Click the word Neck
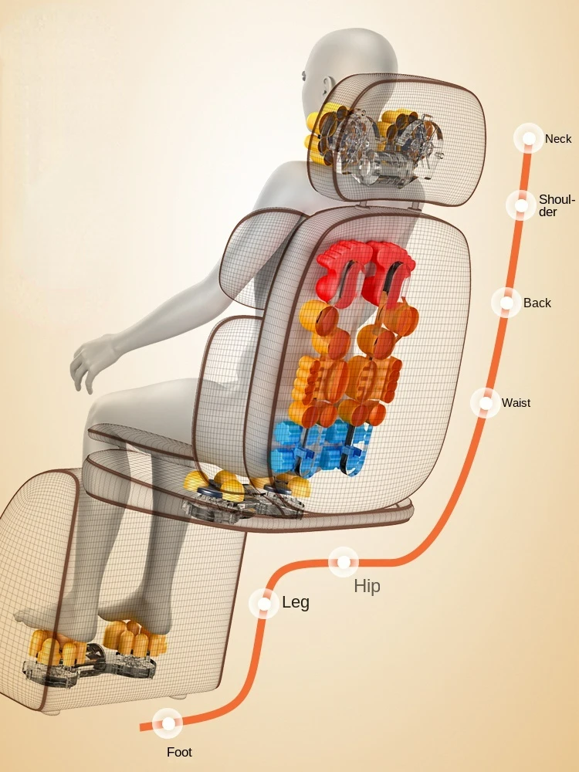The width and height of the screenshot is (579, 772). tap(558, 139)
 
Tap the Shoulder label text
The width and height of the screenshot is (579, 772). tap(557, 205)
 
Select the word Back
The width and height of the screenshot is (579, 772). tap(537, 303)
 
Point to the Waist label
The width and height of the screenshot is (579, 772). tap(516, 402)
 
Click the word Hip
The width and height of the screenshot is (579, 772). tap(367, 586)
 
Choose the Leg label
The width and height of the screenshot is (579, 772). tap(295, 602)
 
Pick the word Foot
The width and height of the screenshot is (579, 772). tap(179, 751)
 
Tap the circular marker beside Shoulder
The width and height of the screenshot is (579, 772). tap(521, 205)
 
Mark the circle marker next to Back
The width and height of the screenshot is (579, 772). tap(506, 303)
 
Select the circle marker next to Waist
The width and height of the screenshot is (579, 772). tap(486, 402)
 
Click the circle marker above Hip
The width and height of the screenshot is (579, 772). tap(343, 562)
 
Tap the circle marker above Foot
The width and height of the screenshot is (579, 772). tap(167, 723)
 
